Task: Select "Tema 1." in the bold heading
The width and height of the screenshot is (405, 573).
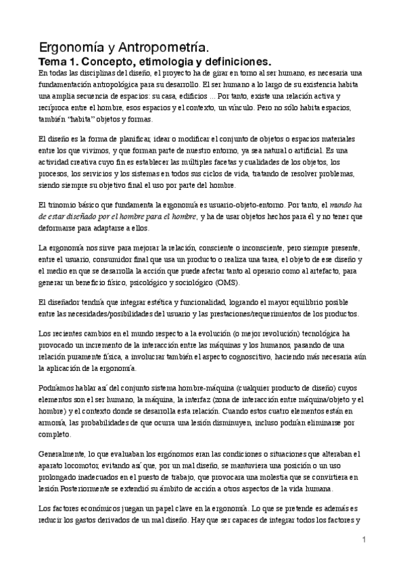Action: (59, 61)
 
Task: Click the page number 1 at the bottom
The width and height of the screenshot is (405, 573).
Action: (364, 540)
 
